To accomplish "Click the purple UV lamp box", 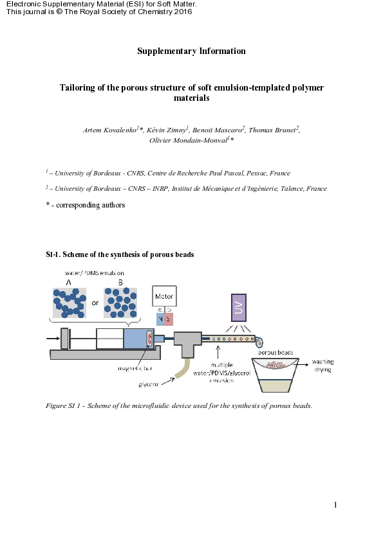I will [x=238, y=308].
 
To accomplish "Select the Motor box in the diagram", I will [x=164, y=296].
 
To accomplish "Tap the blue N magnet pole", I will [x=160, y=319].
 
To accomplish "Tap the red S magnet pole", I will [x=169, y=319].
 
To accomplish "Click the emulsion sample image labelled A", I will [x=69, y=303].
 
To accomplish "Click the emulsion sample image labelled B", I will [x=120, y=303].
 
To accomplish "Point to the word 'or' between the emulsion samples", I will [x=95, y=304].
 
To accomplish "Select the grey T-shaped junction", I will [x=187, y=343].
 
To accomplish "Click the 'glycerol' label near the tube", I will [x=149, y=384].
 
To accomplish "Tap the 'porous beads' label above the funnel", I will [x=276, y=352].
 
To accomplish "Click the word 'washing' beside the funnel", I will [x=323, y=362].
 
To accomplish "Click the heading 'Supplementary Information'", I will [x=191, y=51].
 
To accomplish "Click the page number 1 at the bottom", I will [x=335, y=505].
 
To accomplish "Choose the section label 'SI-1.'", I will [x=54, y=254].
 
